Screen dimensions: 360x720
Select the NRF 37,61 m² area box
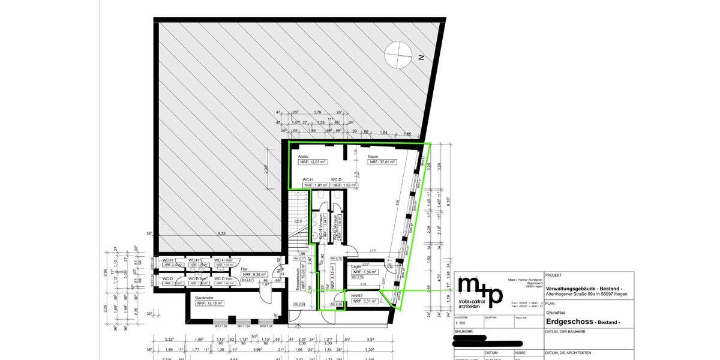382,162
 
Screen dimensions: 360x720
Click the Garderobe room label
205,297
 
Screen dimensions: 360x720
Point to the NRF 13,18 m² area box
210,304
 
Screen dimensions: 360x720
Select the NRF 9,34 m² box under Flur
255,274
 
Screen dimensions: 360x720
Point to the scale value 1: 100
461,323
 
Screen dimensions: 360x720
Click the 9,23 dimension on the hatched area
221,233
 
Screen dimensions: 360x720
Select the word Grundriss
556,313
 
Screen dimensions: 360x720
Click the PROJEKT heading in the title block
554,275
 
